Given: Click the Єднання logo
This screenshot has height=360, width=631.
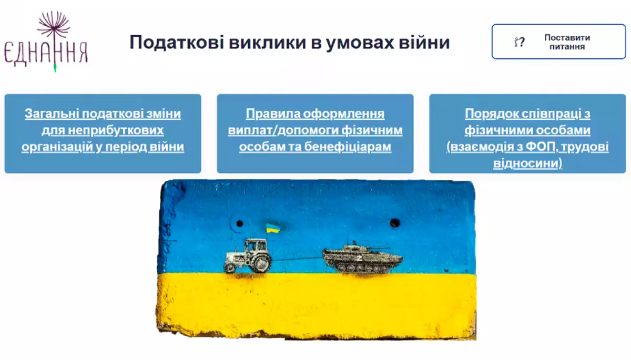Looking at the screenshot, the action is click(46, 42).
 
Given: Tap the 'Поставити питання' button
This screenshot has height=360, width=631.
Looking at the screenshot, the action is click(558, 42).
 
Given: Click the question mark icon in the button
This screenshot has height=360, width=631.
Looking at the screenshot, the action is click(520, 42).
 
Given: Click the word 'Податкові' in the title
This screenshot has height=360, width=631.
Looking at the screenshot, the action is click(177, 43).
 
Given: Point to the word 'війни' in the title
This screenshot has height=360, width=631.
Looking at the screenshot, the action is click(424, 42).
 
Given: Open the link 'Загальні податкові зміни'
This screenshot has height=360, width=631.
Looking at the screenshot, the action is click(103, 114).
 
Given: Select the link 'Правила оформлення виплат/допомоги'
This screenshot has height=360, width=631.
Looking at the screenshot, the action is click(315, 122).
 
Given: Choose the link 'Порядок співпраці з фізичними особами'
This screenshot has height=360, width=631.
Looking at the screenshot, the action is click(527, 122).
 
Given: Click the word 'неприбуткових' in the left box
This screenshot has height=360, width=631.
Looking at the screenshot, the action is click(116, 130).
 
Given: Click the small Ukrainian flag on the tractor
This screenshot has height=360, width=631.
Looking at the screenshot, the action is click(273, 228).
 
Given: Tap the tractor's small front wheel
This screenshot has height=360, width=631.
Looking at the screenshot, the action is click(230, 267).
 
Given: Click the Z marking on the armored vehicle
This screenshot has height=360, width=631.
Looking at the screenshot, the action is click(359, 258).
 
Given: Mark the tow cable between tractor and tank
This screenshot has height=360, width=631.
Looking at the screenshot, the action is click(297, 258).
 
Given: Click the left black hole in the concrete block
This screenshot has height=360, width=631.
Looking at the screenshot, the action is click(239, 223).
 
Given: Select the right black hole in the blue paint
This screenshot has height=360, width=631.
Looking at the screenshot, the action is click(394, 223).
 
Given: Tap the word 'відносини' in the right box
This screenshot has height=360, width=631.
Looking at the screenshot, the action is click(526, 163).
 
